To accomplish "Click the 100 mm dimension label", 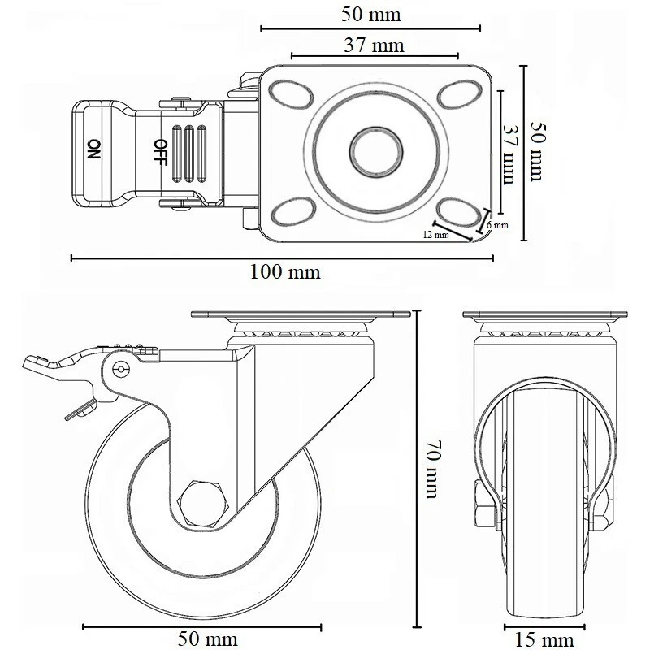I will [284, 272].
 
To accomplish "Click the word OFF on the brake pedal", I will [160, 150].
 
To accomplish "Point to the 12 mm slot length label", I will [435, 236].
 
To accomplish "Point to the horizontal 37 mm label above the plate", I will [374, 45].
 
